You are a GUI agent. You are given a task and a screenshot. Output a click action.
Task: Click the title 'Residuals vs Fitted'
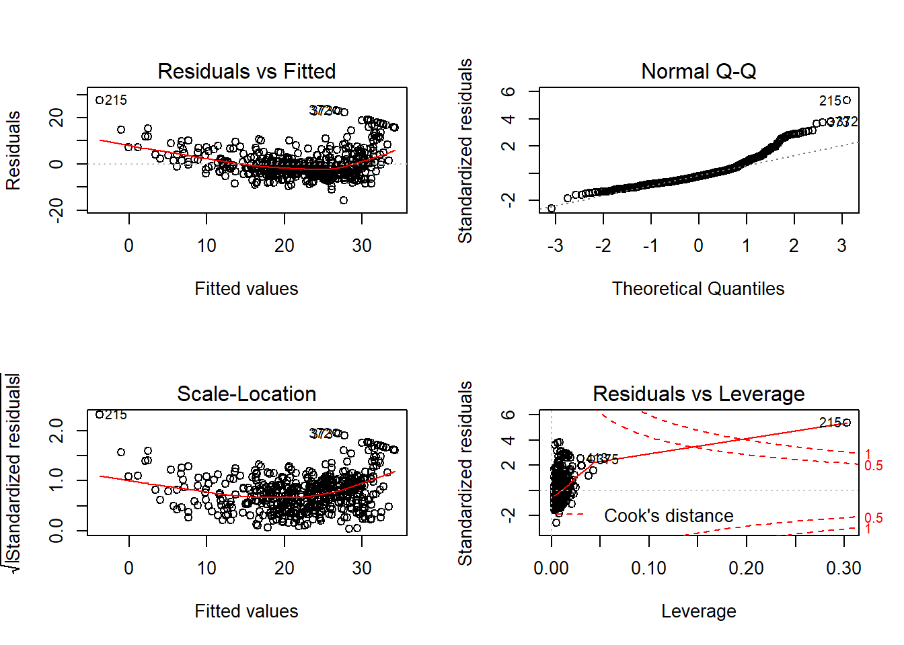click(x=246, y=71)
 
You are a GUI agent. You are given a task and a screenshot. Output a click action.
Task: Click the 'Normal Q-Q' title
click(x=698, y=71)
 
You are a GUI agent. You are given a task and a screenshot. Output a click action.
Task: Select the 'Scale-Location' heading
click(x=246, y=394)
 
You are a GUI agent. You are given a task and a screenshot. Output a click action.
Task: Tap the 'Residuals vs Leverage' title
click(x=698, y=394)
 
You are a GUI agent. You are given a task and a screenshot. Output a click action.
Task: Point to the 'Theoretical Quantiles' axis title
click(x=698, y=289)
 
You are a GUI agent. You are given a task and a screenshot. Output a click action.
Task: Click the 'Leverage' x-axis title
click(x=698, y=611)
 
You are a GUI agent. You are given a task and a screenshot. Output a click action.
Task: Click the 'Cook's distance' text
click(x=669, y=516)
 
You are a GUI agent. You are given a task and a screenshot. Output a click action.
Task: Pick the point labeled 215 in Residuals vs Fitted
click(x=100, y=100)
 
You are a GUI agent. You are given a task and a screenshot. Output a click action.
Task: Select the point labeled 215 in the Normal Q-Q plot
click(x=847, y=100)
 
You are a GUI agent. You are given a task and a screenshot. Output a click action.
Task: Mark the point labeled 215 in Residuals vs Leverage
click(x=847, y=423)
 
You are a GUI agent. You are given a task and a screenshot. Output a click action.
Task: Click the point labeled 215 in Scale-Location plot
click(x=100, y=415)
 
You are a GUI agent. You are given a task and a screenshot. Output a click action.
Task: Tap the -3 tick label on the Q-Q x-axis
click(x=555, y=246)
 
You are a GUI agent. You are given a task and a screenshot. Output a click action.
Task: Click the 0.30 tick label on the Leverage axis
click(x=843, y=568)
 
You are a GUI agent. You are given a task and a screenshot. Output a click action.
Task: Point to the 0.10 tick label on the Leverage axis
click(x=648, y=568)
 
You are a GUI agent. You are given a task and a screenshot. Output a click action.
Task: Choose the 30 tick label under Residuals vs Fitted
click(x=362, y=246)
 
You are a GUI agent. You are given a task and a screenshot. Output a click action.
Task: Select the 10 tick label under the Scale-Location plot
click(x=206, y=568)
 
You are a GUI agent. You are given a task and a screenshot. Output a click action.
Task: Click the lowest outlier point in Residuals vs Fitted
click(x=344, y=200)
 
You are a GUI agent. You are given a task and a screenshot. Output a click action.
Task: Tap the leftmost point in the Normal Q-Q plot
click(x=552, y=208)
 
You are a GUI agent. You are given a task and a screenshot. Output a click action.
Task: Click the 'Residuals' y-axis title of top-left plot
click(x=13, y=150)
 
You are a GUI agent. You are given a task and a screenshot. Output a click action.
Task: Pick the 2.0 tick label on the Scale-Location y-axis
click(x=57, y=430)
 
